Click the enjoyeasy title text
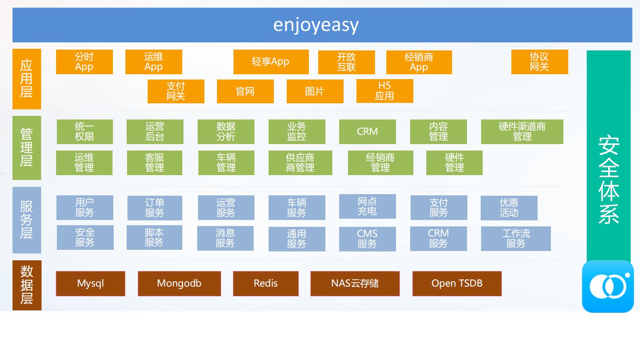point(316,25)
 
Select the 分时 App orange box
point(84,62)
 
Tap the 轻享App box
point(271,62)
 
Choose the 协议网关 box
point(540,62)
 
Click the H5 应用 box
point(385,91)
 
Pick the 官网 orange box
point(245,92)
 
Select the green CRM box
point(367,132)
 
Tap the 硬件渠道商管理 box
point(522,132)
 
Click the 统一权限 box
point(85,132)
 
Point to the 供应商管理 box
point(300,163)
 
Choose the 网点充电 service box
point(367,206)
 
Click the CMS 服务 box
point(367,239)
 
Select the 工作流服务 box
point(516,239)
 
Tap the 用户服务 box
point(85,207)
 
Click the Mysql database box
point(90,283)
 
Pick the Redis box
point(266,283)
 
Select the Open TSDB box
point(457,283)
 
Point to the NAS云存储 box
point(355,283)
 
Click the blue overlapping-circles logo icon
point(608,287)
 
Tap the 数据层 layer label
point(27,285)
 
